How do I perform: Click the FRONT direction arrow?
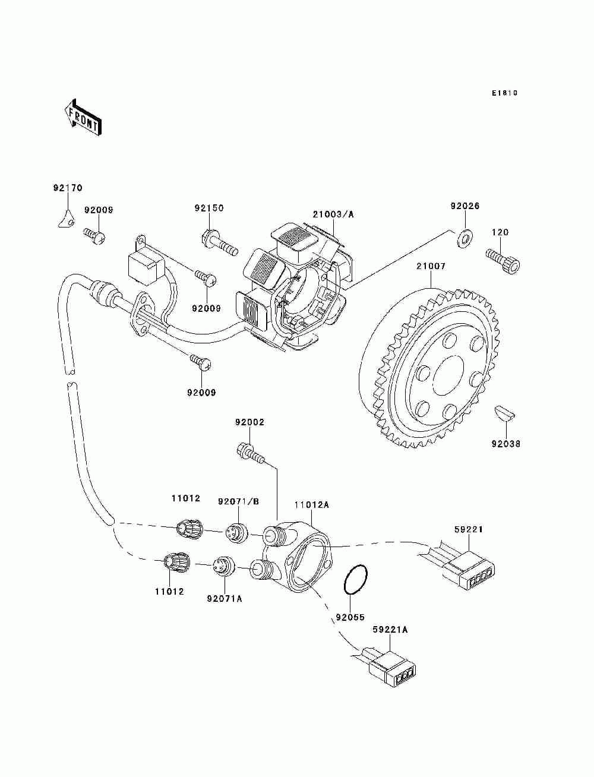[83, 118]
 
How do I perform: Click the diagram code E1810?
[504, 93]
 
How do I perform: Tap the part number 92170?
[68, 188]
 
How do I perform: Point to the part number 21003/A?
[333, 214]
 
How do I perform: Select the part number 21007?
[431, 266]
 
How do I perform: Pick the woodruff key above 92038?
[504, 413]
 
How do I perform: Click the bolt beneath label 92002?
[250, 454]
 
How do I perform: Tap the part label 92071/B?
[238, 501]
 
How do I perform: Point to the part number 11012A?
[311, 504]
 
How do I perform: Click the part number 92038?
[506, 444]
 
